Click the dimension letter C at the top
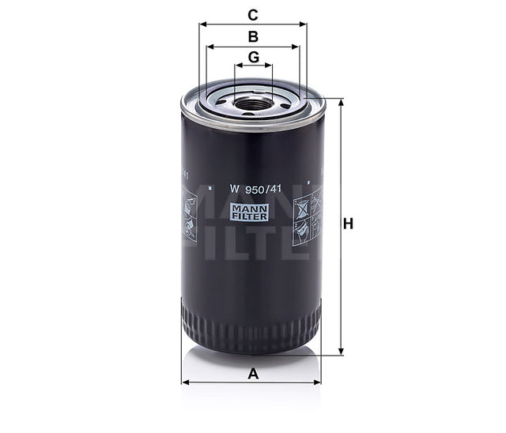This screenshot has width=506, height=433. tap(253, 13)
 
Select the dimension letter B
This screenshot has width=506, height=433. tap(253, 36)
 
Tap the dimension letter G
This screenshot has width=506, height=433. tap(253, 58)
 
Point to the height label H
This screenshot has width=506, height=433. tap(348, 224)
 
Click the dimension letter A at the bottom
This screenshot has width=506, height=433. tap(253, 374)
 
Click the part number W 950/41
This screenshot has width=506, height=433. tap(253, 188)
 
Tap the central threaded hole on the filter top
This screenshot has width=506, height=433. tap(253, 104)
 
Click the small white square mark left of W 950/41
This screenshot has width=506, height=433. tap(210, 188)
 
